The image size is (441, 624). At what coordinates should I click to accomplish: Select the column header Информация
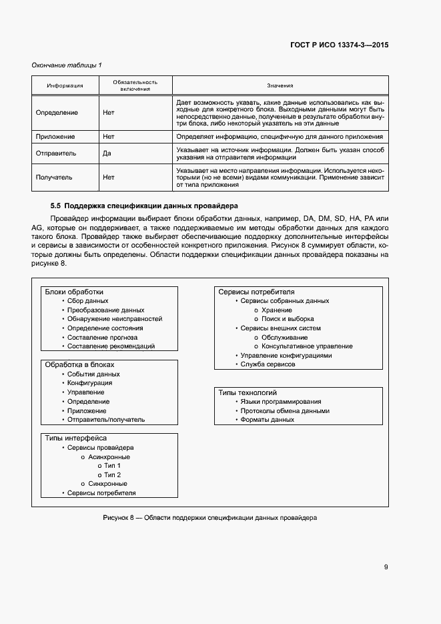coord(65,85)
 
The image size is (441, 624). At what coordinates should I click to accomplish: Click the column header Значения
coord(280,85)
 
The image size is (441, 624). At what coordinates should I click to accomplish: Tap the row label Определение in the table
coord(57,113)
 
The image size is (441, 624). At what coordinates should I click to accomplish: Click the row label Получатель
coord(55,178)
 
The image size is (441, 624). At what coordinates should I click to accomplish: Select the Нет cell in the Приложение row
coord(109,136)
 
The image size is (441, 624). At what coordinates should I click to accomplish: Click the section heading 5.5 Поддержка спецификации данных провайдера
coord(144,205)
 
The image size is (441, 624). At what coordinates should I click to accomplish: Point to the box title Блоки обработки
coord(74,292)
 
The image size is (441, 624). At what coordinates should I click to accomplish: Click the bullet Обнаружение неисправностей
coord(115,319)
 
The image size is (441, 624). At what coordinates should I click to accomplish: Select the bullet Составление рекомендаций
coord(111,346)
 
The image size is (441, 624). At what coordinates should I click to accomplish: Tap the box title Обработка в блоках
coord(79,365)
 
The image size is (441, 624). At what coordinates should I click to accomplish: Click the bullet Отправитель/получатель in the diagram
coord(106,420)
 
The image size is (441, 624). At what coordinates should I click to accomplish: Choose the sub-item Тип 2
coord(112,475)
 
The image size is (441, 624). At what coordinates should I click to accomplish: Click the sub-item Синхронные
coord(107,484)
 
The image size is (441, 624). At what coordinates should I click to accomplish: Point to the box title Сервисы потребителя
coord(256,292)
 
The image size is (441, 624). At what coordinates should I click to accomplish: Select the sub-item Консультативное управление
coord(307,346)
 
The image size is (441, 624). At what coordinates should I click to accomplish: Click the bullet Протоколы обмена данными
coord(285,411)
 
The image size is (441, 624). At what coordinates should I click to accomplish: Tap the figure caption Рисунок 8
coord(210,518)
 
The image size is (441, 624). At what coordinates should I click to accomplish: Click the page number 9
coord(386,567)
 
